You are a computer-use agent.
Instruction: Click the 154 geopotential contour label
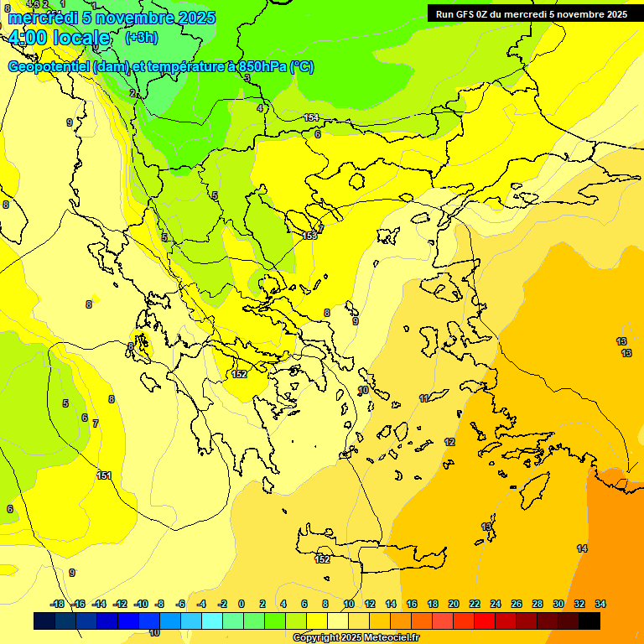(x=311, y=117)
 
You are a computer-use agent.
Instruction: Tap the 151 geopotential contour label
(x=104, y=475)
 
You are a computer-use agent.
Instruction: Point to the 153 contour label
(x=310, y=236)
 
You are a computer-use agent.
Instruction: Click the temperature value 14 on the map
(x=582, y=548)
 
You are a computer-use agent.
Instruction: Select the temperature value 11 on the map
(x=424, y=397)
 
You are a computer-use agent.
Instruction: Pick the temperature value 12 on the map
(x=449, y=442)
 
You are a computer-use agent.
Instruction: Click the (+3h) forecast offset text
(x=140, y=37)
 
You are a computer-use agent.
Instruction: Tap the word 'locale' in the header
(x=80, y=38)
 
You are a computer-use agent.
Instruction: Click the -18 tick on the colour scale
(x=57, y=604)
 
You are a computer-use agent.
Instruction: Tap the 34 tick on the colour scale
(x=600, y=604)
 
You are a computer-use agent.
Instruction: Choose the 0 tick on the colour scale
(x=241, y=604)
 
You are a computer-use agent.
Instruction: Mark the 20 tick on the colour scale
(x=454, y=604)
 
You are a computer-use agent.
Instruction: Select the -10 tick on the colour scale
(x=141, y=604)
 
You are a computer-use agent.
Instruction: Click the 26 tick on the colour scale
(x=517, y=604)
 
